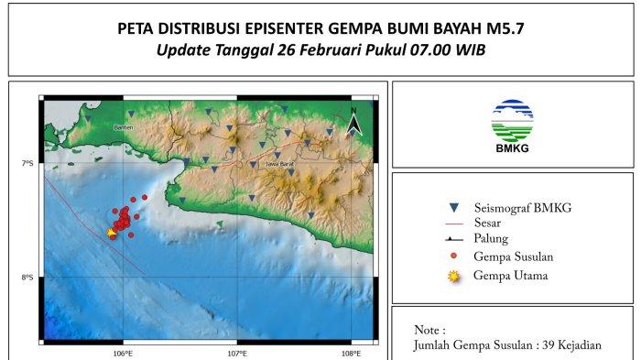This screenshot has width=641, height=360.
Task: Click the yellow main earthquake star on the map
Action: tap(112, 233)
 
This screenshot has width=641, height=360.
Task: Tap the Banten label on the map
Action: tap(124, 126)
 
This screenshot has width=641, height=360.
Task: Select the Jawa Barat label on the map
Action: tap(278, 165)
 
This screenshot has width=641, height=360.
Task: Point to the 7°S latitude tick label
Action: tap(27, 163)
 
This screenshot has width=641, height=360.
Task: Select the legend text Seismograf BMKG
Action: tap(523, 208)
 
